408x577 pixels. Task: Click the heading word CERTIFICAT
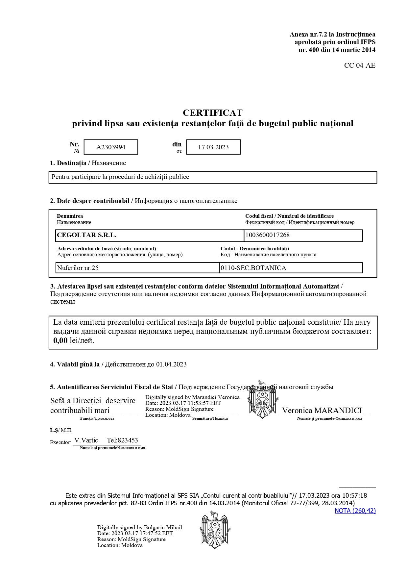point(212,113)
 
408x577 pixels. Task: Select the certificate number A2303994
point(111,147)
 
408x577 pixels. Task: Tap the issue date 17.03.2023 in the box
point(213,147)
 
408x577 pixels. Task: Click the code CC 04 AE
point(359,65)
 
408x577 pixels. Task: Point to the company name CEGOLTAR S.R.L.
point(86,235)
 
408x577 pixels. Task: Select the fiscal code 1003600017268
point(267,235)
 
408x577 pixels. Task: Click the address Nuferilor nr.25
point(78,268)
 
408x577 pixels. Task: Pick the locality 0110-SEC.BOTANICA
point(253,268)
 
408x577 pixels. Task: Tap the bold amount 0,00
point(60,340)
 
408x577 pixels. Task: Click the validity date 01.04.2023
point(171,364)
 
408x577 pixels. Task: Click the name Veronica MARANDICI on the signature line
point(322,411)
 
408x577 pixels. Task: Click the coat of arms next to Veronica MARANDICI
point(262,400)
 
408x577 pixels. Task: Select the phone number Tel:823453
point(122,440)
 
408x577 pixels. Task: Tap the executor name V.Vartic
point(86,440)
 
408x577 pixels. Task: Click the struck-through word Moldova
point(180,415)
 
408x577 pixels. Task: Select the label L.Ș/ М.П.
point(61,430)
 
